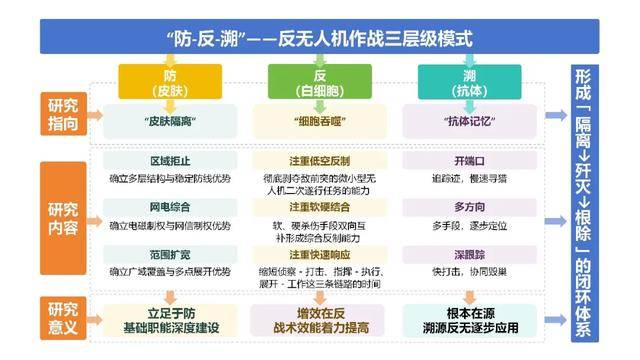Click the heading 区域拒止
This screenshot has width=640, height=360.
pos(169,161)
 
